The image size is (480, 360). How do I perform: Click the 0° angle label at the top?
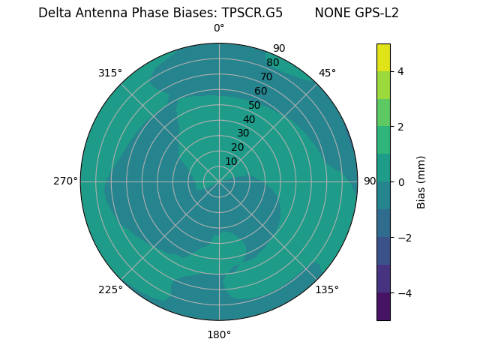219,28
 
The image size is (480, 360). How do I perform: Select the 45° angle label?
327,73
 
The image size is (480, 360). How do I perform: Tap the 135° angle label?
327,289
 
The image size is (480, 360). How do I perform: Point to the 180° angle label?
219,334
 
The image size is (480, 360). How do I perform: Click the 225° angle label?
110,289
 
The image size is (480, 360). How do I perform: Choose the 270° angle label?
65,181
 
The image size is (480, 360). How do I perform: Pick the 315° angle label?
110,73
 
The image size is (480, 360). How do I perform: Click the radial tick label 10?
231,161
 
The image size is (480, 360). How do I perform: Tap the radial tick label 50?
254,105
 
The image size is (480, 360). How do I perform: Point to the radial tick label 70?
266,76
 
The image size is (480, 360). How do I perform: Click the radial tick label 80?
272,62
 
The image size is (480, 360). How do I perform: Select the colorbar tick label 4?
400,71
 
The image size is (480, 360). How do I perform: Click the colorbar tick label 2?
400,127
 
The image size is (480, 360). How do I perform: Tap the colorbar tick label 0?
400,182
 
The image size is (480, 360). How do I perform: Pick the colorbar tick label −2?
403,238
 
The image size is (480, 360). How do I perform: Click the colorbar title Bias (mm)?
421,182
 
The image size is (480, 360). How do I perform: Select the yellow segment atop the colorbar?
383,57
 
